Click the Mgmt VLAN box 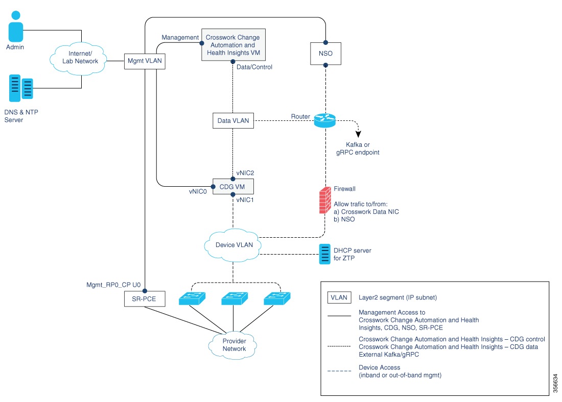pyautogui.click(x=145, y=61)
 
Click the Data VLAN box pyautogui.click(x=232, y=121)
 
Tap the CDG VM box pyautogui.click(x=232, y=186)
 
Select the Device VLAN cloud pyautogui.click(x=232, y=244)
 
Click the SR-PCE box pyautogui.click(x=145, y=299)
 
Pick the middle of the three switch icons pyautogui.click(x=234, y=299)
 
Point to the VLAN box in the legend pyautogui.click(x=339, y=296)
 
